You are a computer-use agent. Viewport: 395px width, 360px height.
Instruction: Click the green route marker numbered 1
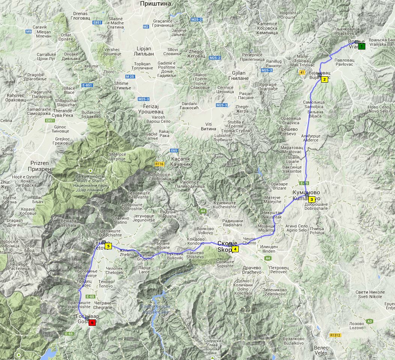point(361,47)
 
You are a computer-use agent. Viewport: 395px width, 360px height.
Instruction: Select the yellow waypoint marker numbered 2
point(324,79)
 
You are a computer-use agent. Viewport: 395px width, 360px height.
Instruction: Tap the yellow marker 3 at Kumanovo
point(311,199)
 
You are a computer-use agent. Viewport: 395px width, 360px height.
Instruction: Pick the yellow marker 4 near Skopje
point(235,249)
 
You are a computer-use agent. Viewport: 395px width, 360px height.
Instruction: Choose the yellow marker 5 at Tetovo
point(108,246)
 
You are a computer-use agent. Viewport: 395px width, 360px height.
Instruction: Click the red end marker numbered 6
point(92,322)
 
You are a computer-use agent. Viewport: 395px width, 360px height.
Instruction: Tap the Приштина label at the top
point(155,3)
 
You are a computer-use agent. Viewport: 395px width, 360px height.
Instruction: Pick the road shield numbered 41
point(302,72)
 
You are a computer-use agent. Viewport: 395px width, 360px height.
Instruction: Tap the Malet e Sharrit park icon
point(90,171)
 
